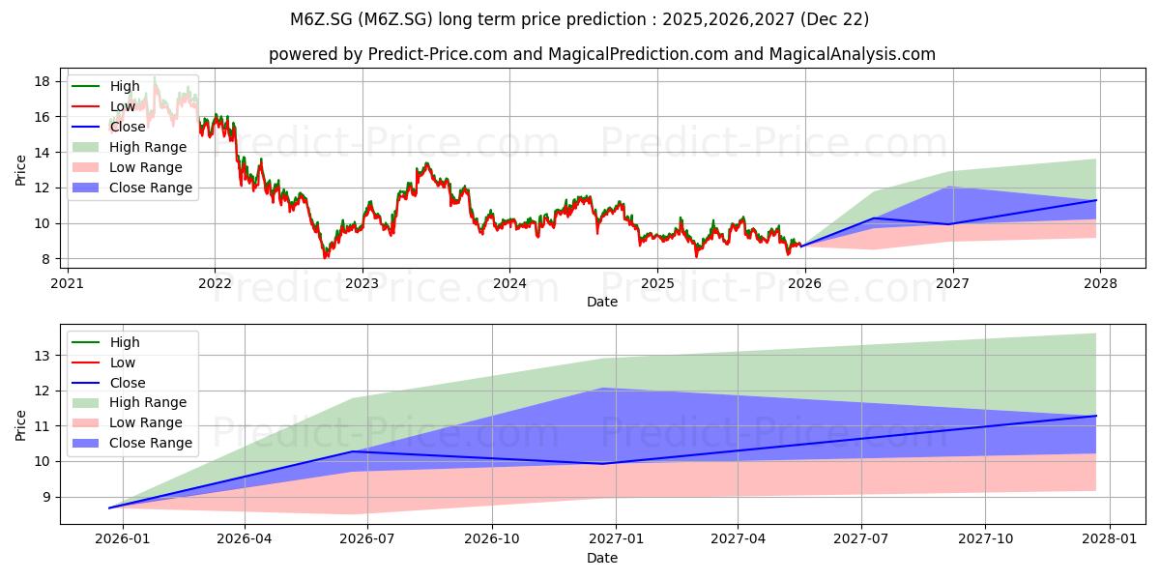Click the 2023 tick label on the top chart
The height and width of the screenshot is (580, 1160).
click(x=362, y=284)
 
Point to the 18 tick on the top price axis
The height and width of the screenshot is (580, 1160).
click(x=43, y=81)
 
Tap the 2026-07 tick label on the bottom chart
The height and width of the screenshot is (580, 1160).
click(x=367, y=539)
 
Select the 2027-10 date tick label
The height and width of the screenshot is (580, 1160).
click(x=985, y=539)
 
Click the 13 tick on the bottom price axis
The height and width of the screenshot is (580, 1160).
click(x=43, y=356)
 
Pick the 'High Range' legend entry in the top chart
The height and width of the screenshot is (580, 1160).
click(x=130, y=147)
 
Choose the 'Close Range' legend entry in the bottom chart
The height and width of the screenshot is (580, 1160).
click(x=132, y=444)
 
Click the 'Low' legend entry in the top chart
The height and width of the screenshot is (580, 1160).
click(x=103, y=106)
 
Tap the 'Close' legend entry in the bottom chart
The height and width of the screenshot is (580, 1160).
click(x=108, y=383)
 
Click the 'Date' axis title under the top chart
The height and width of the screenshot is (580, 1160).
click(x=601, y=302)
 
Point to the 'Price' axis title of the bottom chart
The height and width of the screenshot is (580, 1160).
click(x=20, y=425)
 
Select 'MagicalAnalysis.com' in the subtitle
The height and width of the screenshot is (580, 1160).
click(x=853, y=54)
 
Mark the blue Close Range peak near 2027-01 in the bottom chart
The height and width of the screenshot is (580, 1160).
click(x=602, y=388)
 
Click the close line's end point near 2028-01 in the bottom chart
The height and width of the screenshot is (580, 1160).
click(x=1096, y=416)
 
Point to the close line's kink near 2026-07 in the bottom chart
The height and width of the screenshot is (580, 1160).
click(x=353, y=451)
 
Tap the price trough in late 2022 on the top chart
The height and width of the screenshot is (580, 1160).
click(x=325, y=257)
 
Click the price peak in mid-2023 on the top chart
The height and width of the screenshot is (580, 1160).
click(x=426, y=163)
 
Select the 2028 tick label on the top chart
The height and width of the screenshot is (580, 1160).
click(x=1100, y=284)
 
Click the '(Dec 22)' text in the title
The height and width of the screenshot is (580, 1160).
click(x=834, y=19)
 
